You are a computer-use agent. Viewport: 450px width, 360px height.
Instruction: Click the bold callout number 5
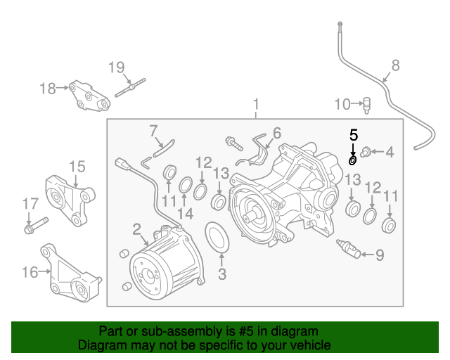(354, 133)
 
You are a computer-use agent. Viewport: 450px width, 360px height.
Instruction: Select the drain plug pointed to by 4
(366, 151)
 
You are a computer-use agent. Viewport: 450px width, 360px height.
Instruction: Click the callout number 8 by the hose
(395, 65)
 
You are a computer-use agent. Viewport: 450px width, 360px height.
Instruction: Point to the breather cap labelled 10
(366, 105)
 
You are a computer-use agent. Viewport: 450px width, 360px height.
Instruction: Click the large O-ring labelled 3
(217, 238)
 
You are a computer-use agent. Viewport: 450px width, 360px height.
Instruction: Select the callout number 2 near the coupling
(136, 229)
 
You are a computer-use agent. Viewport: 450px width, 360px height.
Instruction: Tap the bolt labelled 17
(34, 227)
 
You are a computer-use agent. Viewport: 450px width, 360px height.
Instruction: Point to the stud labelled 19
(129, 90)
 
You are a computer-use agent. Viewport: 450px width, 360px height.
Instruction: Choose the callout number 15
(77, 167)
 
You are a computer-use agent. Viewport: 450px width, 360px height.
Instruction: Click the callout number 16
(30, 271)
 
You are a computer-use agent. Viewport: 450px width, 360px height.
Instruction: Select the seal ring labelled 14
(186, 186)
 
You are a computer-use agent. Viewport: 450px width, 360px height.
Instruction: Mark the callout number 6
(276, 133)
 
